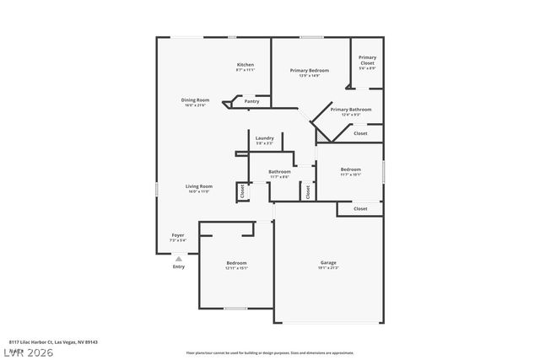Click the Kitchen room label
pos(246,65)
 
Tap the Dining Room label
pos(195,100)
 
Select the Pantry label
pos(251,101)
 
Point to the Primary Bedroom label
pos(310,70)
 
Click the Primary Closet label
pos(367,60)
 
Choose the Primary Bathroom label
pos(351,110)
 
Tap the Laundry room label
pos(265,138)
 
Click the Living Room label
pos(199,186)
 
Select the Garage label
pos(328,262)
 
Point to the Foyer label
pos(178,235)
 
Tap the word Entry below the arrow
pos(179,267)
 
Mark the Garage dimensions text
pos(328,269)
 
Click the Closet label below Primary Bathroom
pos(360,133)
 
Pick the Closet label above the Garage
pos(360,208)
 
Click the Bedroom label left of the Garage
pos(236,263)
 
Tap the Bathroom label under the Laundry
pos(279,171)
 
